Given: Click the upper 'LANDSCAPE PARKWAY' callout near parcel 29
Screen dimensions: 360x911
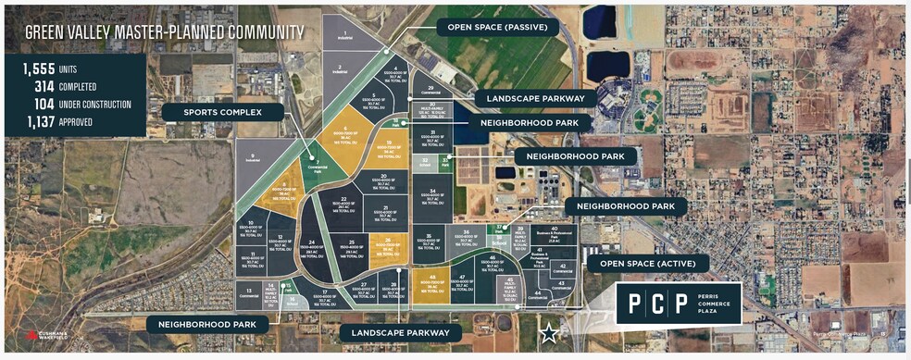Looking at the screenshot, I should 530,98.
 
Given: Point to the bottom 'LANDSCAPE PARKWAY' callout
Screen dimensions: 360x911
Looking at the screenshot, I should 394,331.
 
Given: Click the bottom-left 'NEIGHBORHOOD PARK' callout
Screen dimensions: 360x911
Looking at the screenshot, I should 206,324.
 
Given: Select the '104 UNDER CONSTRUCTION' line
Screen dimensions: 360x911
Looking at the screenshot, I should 79,105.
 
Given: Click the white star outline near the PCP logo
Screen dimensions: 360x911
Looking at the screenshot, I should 549,332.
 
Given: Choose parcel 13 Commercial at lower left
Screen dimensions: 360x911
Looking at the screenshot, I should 248,293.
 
